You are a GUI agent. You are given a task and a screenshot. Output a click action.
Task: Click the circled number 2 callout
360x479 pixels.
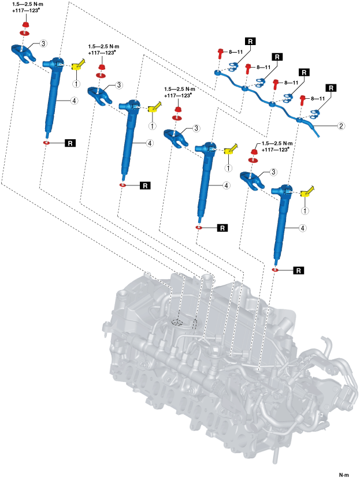(x=342, y=126)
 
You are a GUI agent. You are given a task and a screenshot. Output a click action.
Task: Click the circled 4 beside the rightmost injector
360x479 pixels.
(x=302, y=228)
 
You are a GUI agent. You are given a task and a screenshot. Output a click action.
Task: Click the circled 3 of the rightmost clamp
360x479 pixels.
(x=274, y=172)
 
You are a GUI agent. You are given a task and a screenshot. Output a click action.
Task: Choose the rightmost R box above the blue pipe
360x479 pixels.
(x=331, y=88)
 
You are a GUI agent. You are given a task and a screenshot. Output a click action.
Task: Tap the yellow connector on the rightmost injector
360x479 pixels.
(x=307, y=191)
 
